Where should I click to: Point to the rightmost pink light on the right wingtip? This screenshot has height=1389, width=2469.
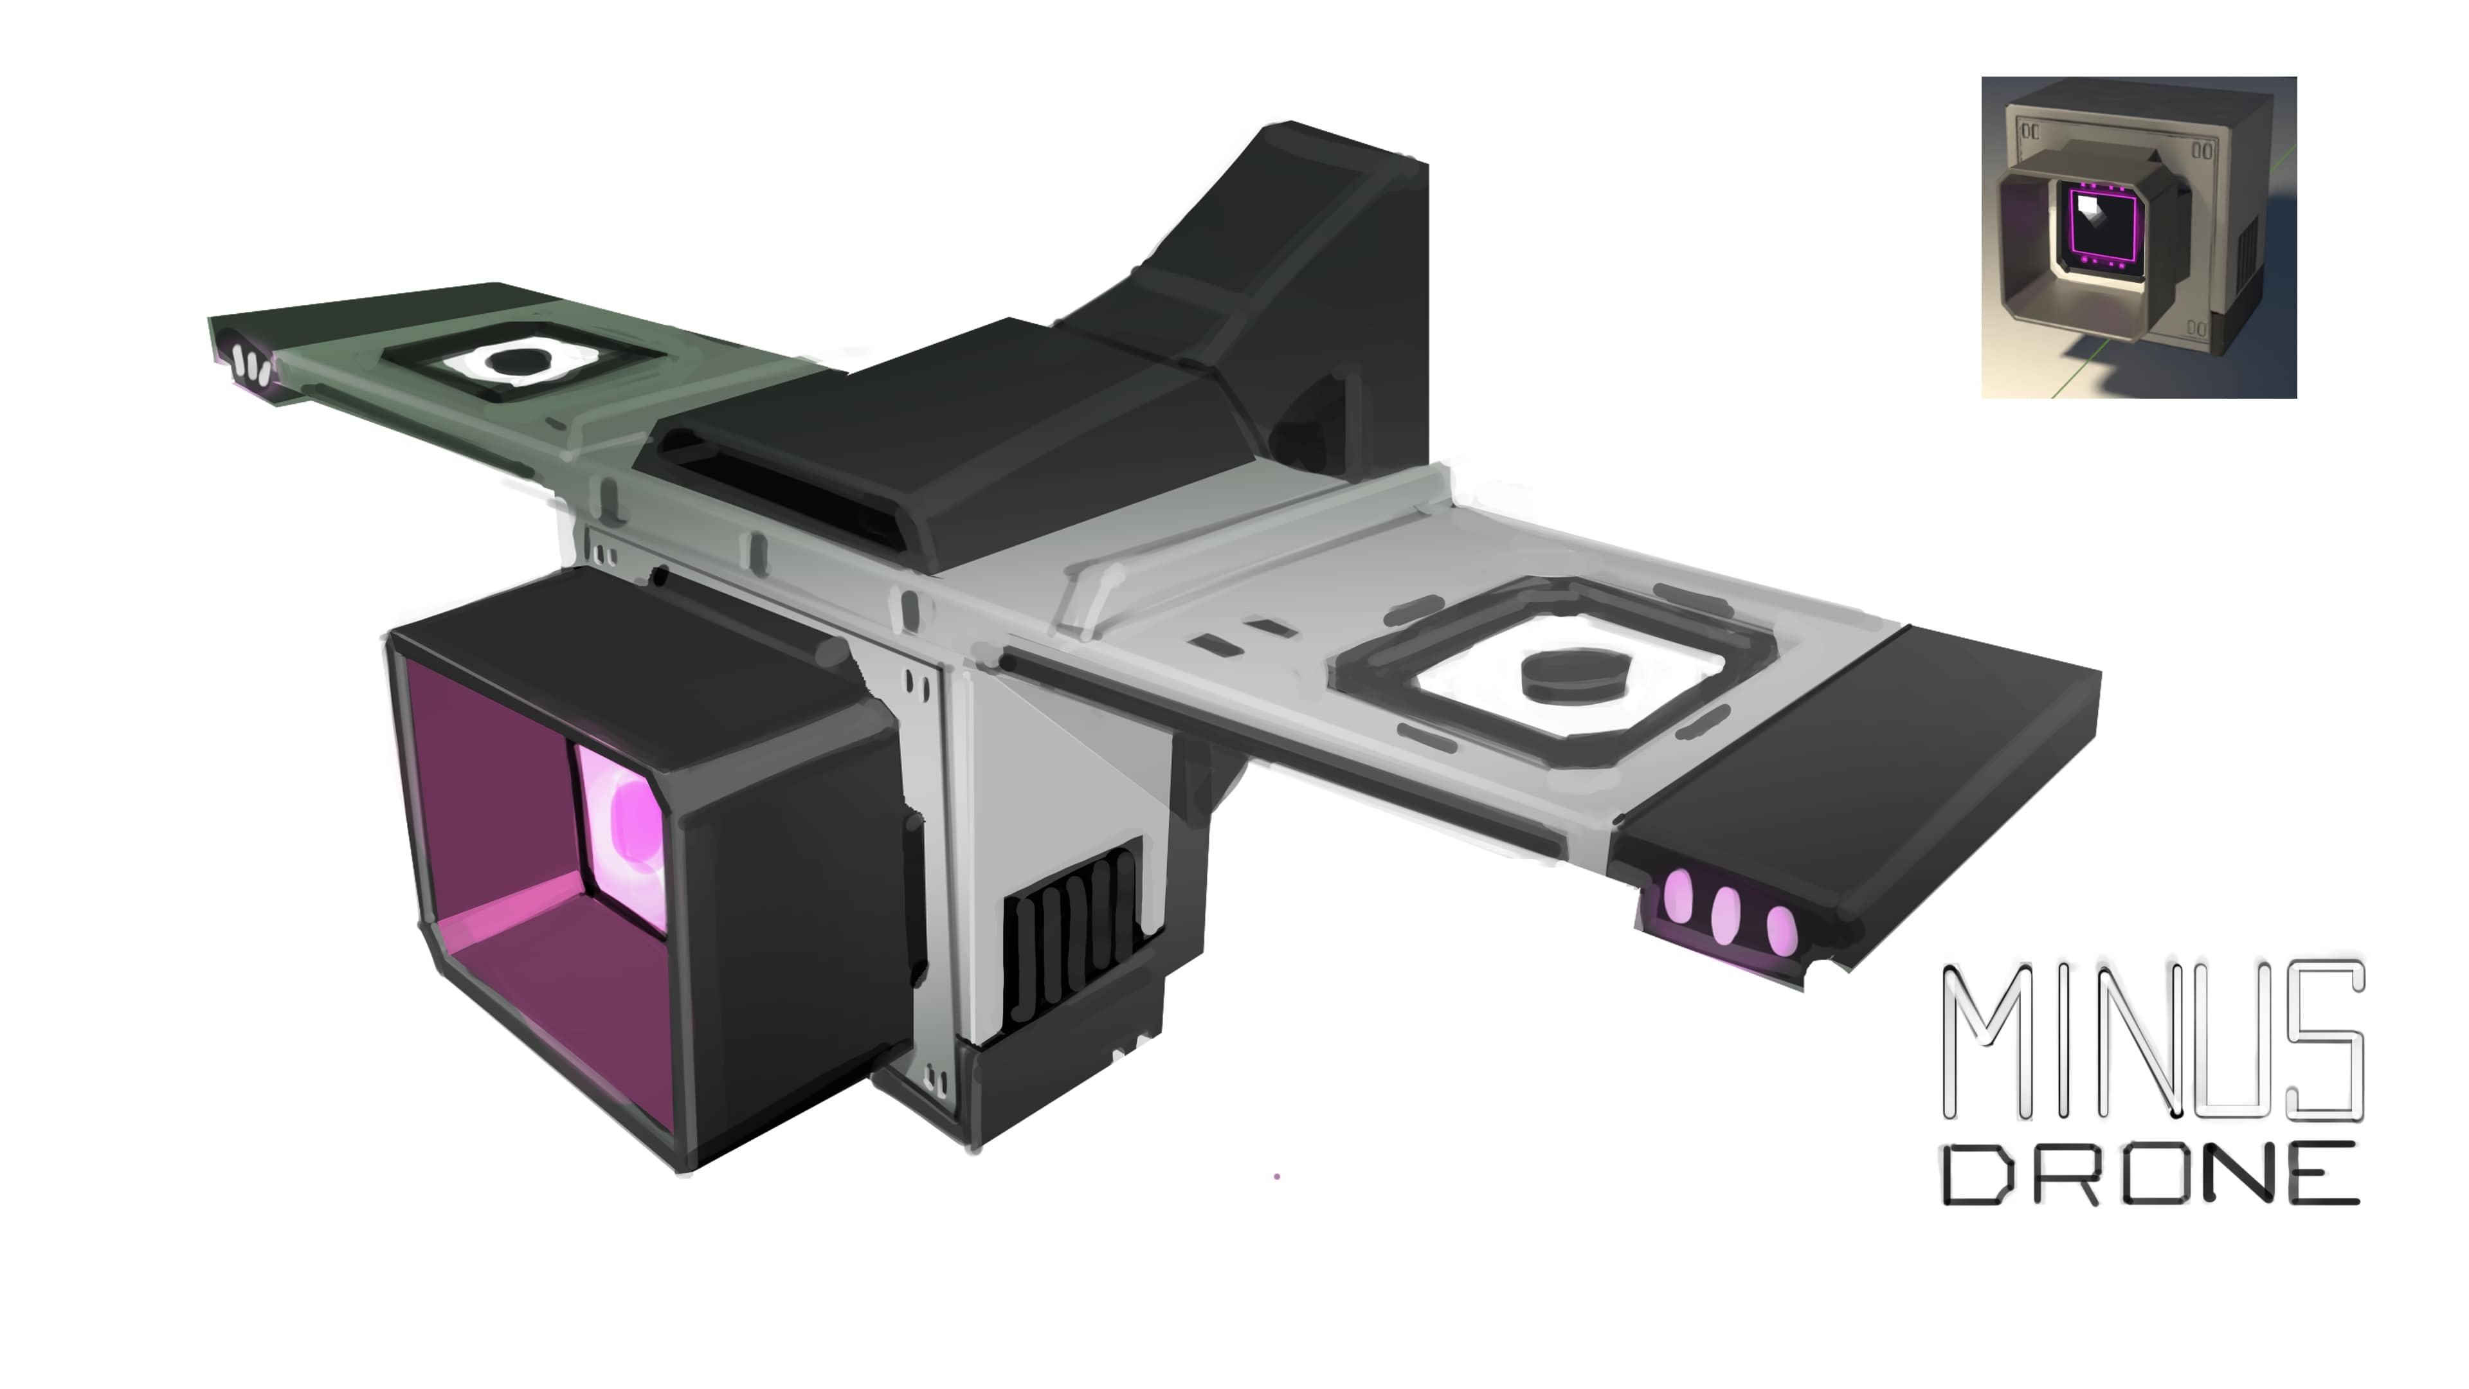point(1780,930)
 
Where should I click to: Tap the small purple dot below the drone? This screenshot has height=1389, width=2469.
point(1277,1176)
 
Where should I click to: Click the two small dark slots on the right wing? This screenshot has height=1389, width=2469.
point(1241,635)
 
